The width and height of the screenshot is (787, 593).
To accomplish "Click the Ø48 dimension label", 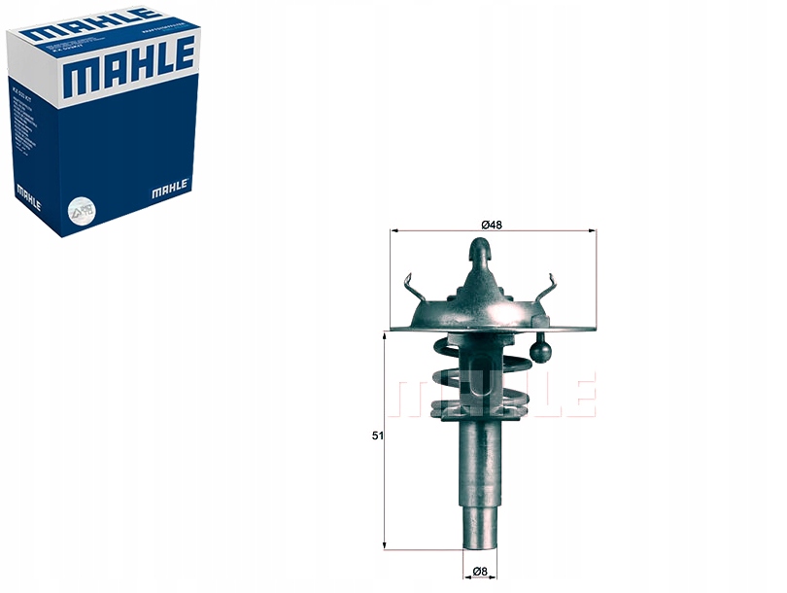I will pos(492,225).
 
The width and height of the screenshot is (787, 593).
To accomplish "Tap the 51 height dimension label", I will pos(376,436).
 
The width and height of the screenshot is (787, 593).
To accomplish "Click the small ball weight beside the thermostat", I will pos(541,347).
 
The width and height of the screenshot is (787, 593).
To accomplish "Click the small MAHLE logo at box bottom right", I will pos(171,189).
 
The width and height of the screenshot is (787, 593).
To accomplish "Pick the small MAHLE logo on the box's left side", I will pos(27,193).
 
